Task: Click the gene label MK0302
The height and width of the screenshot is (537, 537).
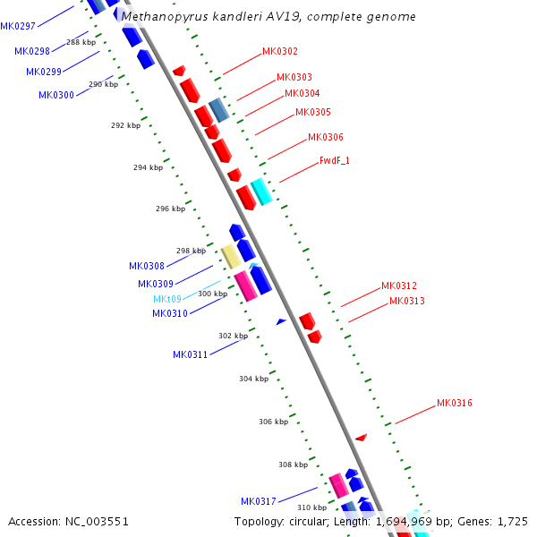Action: tap(280, 52)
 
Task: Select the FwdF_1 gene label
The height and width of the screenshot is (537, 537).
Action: tap(334, 161)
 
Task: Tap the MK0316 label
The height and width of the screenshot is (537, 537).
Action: tap(455, 404)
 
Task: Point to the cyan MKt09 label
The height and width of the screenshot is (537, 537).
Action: tap(167, 299)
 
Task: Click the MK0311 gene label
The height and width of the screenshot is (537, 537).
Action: tap(190, 355)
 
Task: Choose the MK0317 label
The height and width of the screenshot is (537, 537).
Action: tap(258, 501)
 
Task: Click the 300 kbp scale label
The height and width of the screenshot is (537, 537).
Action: tap(212, 294)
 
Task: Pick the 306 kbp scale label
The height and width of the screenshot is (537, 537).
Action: tap(273, 422)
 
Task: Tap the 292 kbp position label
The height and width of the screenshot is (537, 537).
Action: tap(125, 126)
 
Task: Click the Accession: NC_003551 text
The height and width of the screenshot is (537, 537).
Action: tap(68, 521)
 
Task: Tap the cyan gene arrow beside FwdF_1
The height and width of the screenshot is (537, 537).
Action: tap(260, 192)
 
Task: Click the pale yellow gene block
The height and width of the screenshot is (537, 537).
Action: tap(230, 257)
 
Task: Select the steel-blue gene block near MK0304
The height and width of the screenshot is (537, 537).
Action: tap(219, 111)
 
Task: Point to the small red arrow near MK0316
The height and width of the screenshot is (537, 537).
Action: tap(361, 438)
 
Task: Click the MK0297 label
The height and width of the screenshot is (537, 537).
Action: tap(18, 26)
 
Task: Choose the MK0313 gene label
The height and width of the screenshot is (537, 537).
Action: tap(407, 302)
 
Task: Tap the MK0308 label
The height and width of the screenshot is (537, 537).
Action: tap(147, 266)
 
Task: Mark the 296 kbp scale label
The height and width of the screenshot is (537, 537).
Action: tap(170, 209)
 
